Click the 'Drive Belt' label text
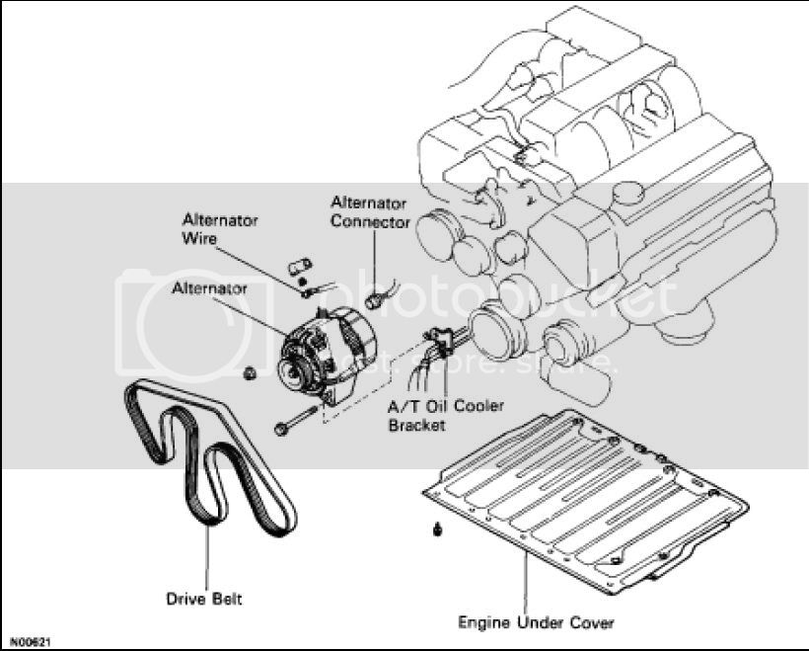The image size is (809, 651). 204,599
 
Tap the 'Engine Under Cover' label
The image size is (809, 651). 536,622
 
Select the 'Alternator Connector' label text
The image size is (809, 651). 370,211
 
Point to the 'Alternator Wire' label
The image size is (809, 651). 220,229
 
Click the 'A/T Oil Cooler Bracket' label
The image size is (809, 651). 445,416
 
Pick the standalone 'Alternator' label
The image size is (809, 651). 209,287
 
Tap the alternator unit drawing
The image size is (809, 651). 328,357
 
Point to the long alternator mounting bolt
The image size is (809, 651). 296,421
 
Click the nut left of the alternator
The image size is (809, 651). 250,373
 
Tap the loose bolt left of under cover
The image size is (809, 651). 438,529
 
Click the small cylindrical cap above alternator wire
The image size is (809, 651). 299,266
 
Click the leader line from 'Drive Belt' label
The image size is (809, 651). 207,557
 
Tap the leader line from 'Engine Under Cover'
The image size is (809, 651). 525,583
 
